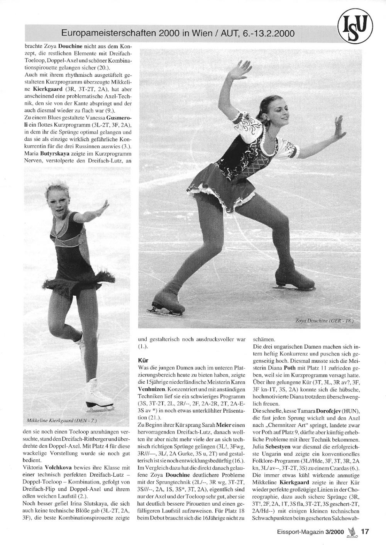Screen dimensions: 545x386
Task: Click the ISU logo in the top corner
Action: [x=355, y=27]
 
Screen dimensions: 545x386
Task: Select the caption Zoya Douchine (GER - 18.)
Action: [x=325, y=320]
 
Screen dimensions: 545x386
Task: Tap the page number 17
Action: [x=365, y=531]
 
